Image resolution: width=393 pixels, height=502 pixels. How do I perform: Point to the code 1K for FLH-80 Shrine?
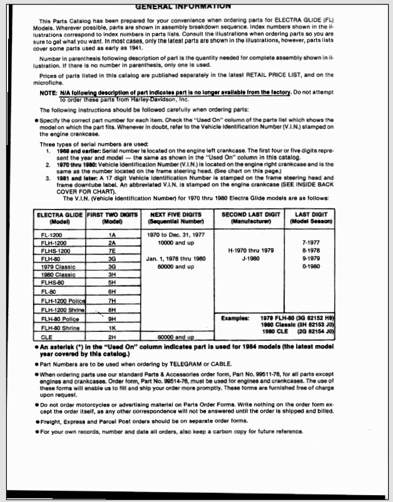pos(112,326)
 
